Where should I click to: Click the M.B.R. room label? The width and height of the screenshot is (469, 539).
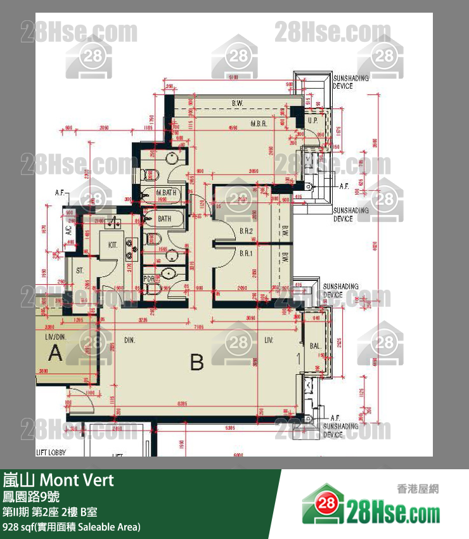(x=259, y=123)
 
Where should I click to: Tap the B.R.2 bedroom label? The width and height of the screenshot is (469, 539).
(x=247, y=231)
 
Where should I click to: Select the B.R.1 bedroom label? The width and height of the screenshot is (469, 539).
(x=247, y=252)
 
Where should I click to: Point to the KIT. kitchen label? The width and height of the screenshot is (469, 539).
(x=113, y=244)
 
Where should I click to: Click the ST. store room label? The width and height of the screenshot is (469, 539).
(x=80, y=271)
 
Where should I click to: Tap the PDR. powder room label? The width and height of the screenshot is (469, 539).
(x=149, y=278)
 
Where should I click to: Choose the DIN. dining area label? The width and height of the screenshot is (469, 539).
(x=131, y=340)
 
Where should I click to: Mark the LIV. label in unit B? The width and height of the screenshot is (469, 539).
(x=269, y=341)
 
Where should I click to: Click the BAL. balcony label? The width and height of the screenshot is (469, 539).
(x=315, y=346)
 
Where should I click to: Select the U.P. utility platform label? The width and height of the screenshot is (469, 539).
(x=312, y=120)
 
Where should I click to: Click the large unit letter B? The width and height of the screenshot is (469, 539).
(x=196, y=363)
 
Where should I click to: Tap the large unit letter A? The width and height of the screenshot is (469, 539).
(x=56, y=353)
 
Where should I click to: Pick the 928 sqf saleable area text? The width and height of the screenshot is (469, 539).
(x=71, y=527)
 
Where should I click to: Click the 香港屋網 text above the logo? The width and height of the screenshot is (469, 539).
(x=418, y=488)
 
